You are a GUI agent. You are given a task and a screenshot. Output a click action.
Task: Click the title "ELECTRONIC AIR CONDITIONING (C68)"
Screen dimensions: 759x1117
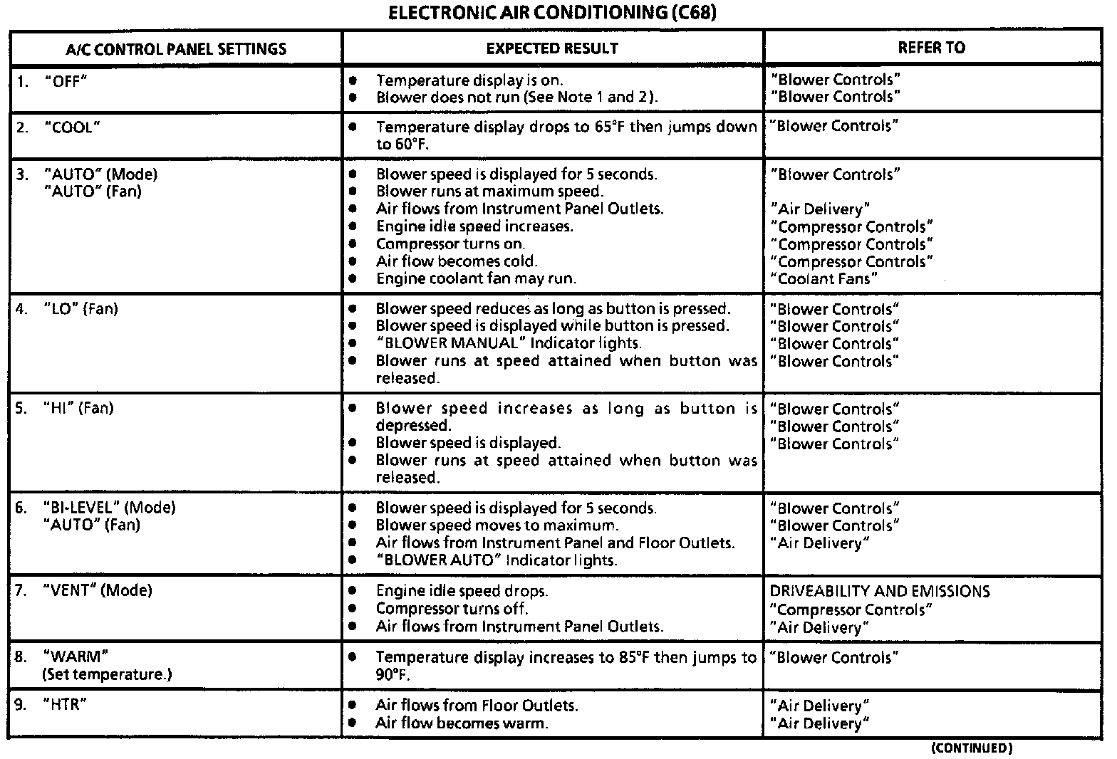551,13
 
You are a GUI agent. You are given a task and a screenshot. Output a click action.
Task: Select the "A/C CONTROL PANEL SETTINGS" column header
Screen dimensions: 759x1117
176,49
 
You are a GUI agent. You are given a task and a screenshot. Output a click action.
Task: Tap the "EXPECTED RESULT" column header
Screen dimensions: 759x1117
552,48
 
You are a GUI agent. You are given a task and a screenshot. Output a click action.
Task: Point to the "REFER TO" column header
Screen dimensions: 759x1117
931,48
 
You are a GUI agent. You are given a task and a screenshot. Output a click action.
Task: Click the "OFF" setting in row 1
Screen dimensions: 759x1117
65,80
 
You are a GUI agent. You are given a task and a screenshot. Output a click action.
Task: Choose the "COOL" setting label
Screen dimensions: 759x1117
71,127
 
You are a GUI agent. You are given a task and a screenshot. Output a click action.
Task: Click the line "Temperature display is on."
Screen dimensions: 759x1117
469,80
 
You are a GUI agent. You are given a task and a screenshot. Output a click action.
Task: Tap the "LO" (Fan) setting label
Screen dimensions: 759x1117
80,309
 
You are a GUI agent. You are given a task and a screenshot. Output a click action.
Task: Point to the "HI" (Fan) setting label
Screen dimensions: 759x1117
78,409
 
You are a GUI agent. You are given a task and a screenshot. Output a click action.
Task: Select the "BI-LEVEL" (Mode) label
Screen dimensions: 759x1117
109,508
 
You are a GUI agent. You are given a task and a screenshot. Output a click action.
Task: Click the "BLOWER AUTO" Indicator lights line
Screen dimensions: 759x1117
496,560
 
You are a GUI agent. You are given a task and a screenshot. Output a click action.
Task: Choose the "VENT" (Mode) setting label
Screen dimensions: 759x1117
97,590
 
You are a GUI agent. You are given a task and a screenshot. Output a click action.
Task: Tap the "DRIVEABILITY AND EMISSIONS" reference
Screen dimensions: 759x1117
880,592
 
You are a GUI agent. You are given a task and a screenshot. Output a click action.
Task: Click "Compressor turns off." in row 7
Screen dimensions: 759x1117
452,609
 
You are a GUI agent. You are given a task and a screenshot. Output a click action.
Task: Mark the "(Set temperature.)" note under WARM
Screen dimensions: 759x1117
107,674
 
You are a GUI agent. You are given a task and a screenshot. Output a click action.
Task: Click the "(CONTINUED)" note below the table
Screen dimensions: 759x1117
971,748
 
